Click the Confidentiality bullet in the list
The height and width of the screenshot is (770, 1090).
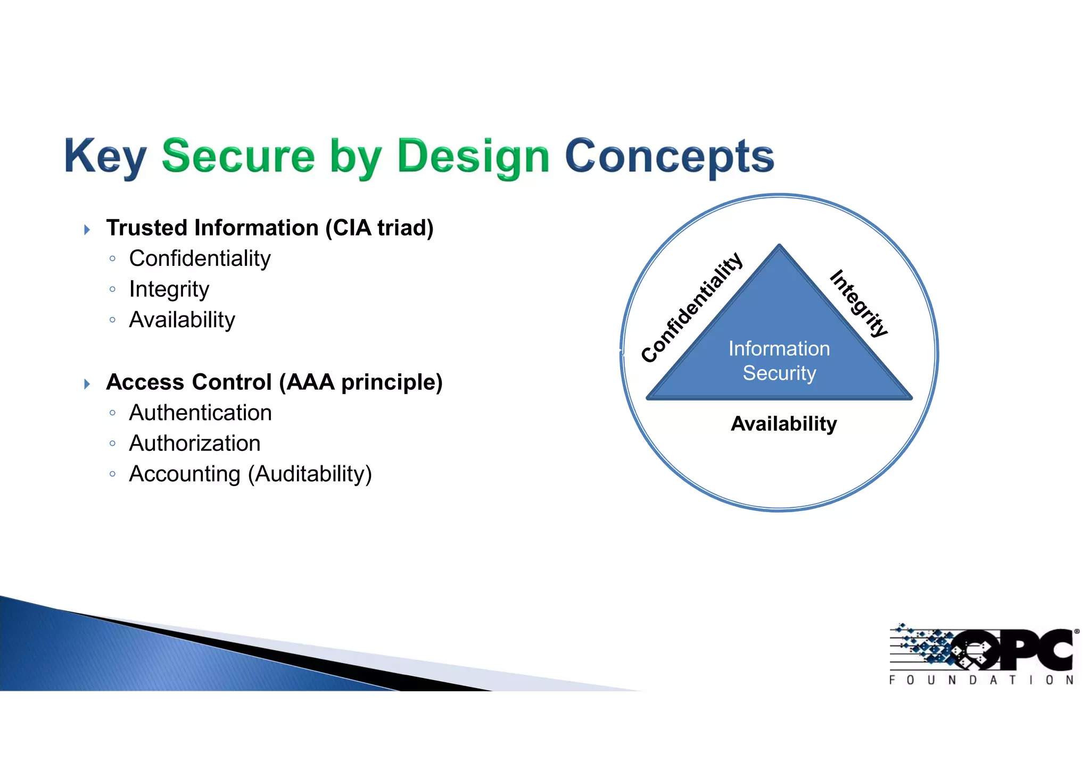(200, 259)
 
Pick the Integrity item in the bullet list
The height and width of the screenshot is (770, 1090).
(169, 289)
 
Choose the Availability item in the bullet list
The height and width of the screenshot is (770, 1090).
(182, 320)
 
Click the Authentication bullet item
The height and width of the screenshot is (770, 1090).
(200, 413)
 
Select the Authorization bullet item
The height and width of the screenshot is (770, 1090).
(195, 443)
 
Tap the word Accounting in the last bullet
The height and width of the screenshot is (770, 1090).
(185, 474)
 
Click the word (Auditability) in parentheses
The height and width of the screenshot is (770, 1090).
(310, 474)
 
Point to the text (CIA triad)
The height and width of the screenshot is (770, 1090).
(379, 228)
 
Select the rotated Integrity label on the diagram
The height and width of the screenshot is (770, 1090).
(858, 304)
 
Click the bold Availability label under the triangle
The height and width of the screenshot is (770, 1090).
(783, 424)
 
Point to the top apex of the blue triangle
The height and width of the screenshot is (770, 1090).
(779, 247)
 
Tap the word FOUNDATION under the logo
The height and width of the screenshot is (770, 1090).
(981, 680)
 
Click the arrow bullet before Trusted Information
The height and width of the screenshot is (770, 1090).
(87, 230)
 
